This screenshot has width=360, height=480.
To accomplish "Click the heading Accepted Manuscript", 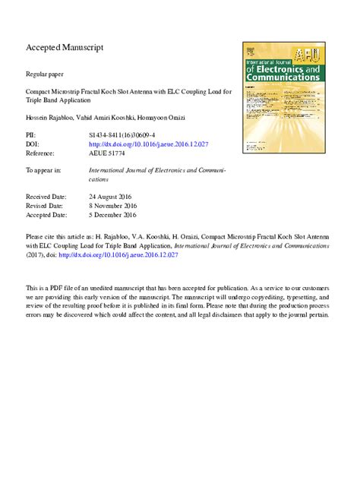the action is coord(64,48).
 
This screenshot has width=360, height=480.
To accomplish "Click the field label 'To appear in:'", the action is coord(43,170).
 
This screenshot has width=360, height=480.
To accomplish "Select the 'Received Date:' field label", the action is coord(48,196).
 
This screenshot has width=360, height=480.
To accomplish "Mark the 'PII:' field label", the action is coord(32,134).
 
